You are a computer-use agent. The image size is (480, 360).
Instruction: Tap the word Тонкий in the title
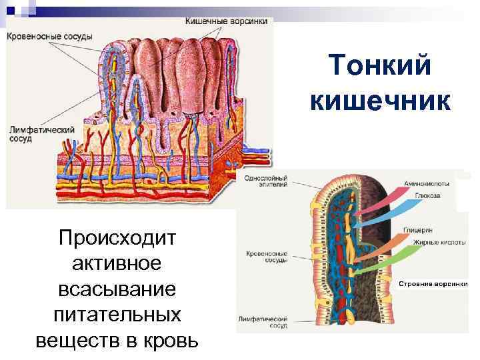pyautogui.click(x=381, y=67)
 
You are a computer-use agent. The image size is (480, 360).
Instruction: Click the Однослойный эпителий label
pyautogui.click(x=266, y=182)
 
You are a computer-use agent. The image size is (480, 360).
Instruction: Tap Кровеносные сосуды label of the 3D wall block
pyautogui.click(x=50, y=35)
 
